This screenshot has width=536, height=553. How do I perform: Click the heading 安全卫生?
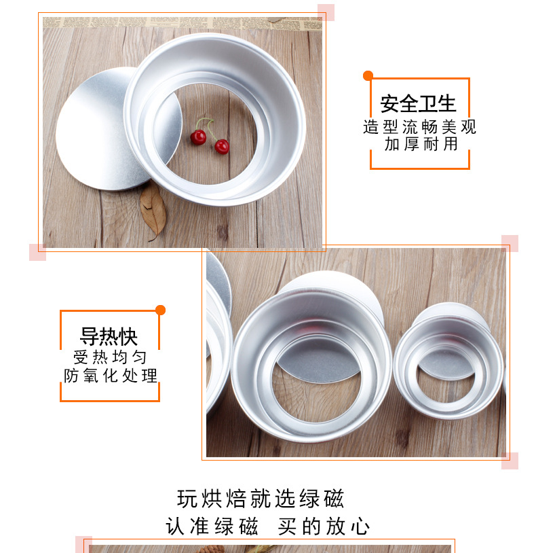(x=418, y=104)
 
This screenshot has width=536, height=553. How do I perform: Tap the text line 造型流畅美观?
(x=419, y=127)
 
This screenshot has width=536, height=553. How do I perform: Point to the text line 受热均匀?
(x=109, y=357)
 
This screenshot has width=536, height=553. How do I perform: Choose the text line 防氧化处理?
(x=111, y=376)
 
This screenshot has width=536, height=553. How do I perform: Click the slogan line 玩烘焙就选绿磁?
(x=261, y=499)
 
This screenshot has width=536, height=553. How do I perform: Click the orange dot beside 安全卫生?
(x=368, y=75)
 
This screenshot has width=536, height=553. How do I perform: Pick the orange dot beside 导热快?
(x=161, y=310)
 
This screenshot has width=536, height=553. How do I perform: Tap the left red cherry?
(x=198, y=137)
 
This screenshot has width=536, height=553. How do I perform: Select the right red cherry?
(x=222, y=146)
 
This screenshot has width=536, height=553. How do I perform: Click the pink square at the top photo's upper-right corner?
(x=326, y=12)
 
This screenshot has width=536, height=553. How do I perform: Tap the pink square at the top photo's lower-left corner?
(x=37, y=252)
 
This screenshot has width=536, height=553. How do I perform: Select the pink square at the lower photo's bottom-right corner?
(x=510, y=461)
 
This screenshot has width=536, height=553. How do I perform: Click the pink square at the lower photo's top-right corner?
(x=510, y=243)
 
